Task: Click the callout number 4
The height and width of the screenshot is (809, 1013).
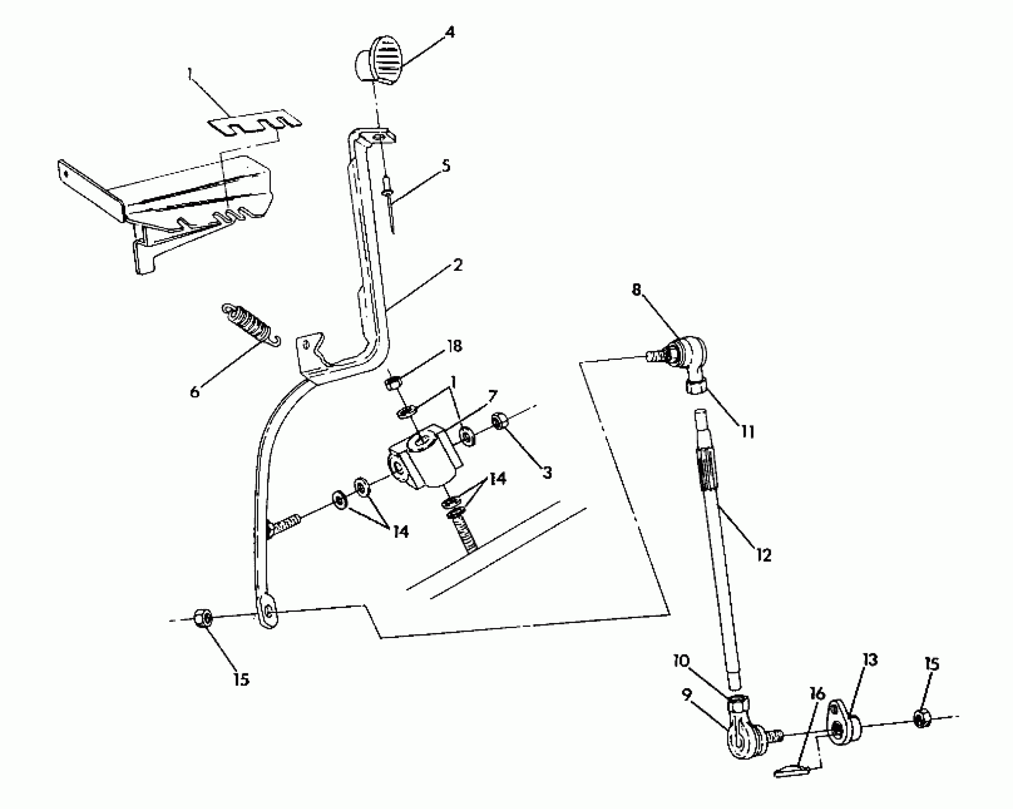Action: coord(449,33)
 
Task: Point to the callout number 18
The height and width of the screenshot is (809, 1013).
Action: coord(454,346)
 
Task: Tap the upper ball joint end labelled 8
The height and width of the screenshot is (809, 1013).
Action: coord(688,357)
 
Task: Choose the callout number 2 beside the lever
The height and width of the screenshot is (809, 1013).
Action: coord(457,266)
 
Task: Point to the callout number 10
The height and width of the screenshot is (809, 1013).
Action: coord(681,661)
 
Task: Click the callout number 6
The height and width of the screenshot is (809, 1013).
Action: coord(195,392)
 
